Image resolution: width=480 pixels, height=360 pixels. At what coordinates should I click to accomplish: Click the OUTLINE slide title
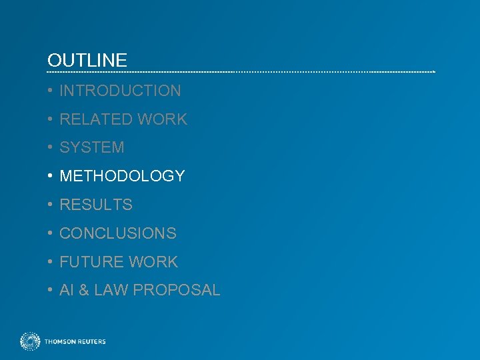[87, 61]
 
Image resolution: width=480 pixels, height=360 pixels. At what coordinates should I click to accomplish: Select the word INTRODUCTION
[120, 91]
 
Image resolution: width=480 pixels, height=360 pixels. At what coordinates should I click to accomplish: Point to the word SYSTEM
[92, 147]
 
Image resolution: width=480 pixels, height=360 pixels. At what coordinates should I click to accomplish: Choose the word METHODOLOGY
[122, 176]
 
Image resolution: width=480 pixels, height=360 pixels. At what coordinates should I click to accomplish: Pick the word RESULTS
[96, 205]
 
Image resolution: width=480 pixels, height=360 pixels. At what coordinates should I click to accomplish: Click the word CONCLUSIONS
[118, 233]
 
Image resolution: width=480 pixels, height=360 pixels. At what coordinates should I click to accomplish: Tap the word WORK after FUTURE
[154, 262]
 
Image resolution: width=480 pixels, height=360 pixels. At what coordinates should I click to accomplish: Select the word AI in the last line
[67, 291]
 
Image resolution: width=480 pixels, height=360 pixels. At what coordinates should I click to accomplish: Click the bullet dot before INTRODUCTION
[50, 91]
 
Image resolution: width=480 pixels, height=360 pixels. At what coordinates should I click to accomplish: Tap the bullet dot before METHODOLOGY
[50, 176]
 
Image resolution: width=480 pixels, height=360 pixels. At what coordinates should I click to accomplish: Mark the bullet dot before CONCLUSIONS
[50, 233]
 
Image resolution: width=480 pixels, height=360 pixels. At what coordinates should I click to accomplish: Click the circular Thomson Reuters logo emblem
[30, 341]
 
